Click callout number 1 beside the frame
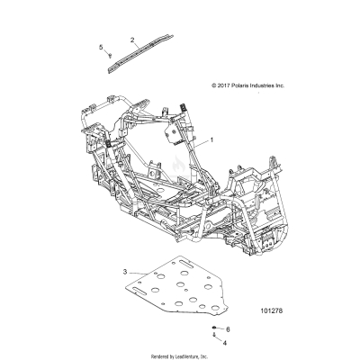(x=212, y=140)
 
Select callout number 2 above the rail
(x=132, y=40)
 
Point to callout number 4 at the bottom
(x=227, y=344)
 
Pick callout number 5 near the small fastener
(x=101, y=47)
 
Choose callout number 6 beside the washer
(x=229, y=330)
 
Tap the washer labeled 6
(x=216, y=329)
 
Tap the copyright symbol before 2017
(x=211, y=85)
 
